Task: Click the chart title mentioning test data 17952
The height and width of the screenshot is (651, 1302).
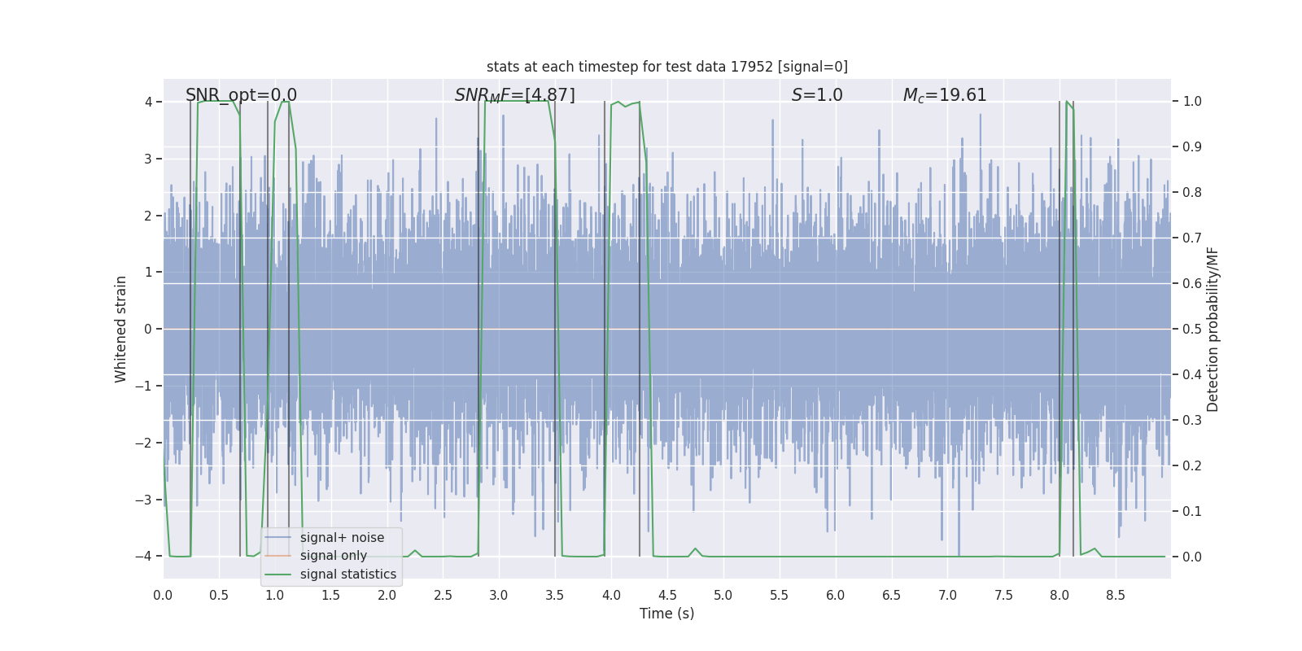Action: tap(666, 67)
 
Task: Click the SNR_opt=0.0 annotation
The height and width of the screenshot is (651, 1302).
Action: tap(241, 95)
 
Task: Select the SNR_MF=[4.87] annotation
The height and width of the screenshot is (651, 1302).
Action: tap(514, 95)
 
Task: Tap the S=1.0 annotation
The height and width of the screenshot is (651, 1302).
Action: tap(817, 95)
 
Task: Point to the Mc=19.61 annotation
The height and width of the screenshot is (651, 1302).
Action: tap(944, 95)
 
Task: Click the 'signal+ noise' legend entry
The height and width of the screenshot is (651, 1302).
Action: tap(342, 538)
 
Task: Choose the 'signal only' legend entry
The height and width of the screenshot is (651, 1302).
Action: tap(333, 556)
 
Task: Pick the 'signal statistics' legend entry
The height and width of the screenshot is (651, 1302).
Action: tap(347, 575)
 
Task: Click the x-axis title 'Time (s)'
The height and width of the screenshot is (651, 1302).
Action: tap(666, 614)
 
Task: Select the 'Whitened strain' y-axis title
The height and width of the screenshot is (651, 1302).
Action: tap(121, 329)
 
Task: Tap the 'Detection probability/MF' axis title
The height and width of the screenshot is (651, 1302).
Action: tap(1212, 329)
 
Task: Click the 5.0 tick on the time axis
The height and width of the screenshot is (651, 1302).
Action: tap(723, 596)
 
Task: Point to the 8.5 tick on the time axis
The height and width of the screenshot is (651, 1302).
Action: tap(1116, 596)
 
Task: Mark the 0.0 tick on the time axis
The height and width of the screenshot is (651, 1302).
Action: tap(163, 596)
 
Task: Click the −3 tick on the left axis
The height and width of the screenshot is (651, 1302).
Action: tap(143, 500)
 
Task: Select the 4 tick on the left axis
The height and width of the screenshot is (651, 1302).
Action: tap(148, 102)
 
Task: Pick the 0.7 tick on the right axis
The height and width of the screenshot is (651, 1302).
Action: tap(1192, 238)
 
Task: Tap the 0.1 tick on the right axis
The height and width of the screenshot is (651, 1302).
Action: tap(1192, 511)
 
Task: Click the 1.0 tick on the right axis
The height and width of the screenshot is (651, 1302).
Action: tap(1192, 102)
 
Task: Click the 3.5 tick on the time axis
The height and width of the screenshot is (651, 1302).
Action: tap(555, 596)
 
